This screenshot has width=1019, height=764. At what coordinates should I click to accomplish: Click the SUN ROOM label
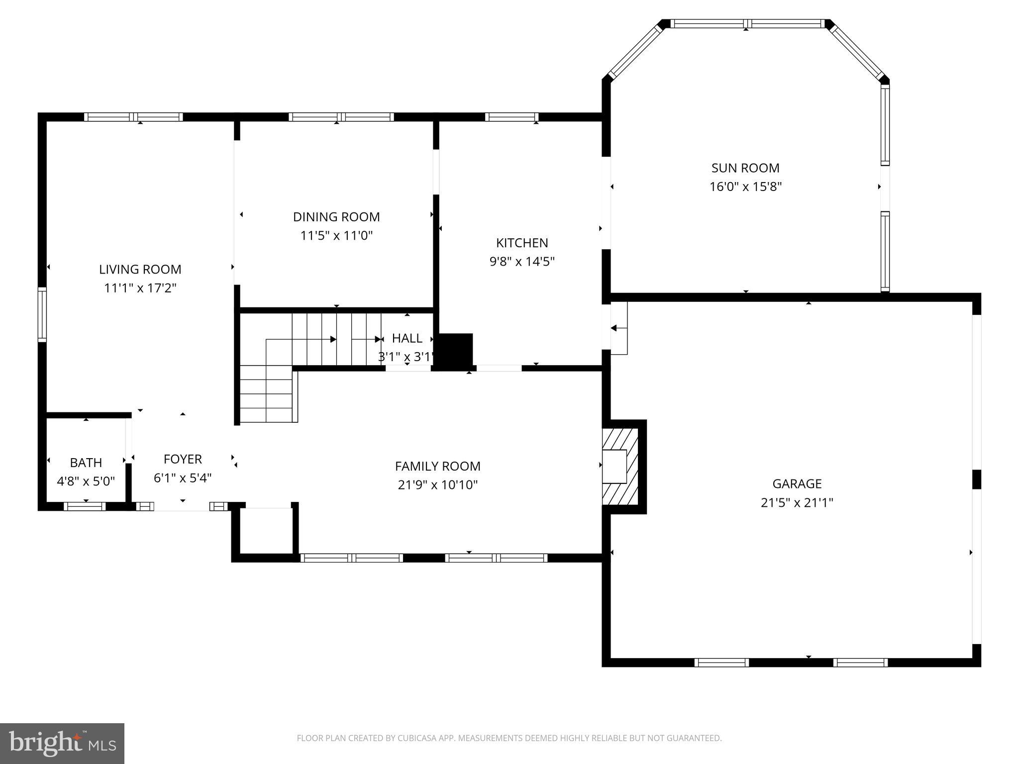pyautogui.click(x=745, y=168)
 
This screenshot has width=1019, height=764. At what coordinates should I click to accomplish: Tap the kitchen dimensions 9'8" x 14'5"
pyautogui.click(x=522, y=262)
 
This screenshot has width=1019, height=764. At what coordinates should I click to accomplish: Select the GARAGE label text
pyautogui.click(x=797, y=483)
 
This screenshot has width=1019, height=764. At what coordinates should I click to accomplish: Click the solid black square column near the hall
pyautogui.click(x=454, y=351)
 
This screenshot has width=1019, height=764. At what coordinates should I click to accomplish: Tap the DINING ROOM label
pyautogui.click(x=336, y=217)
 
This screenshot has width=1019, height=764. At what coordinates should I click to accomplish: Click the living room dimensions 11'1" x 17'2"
pyautogui.click(x=140, y=288)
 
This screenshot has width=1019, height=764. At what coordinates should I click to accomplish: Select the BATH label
pyautogui.click(x=86, y=463)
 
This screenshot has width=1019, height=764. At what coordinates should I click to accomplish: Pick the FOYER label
pyautogui.click(x=183, y=459)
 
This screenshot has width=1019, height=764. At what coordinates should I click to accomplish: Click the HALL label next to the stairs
pyautogui.click(x=407, y=338)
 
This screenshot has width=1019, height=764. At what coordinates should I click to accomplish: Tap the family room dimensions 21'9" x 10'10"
pyautogui.click(x=437, y=485)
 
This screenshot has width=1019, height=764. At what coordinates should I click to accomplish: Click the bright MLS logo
pyautogui.click(x=62, y=743)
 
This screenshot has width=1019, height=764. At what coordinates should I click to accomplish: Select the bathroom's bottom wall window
pyautogui.click(x=85, y=506)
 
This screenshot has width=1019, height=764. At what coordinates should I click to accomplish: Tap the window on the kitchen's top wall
pyautogui.click(x=511, y=117)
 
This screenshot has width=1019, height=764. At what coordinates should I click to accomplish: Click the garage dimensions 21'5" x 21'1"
pyautogui.click(x=797, y=503)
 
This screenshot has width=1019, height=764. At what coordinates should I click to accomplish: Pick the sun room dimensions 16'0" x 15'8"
pyautogui.click(x=745, y=187)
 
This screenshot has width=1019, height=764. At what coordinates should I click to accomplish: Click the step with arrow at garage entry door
pyautogui.click(x=619, y=328)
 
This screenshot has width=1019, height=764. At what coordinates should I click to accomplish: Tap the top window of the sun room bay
pyautogui.click(x=746, y=23)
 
